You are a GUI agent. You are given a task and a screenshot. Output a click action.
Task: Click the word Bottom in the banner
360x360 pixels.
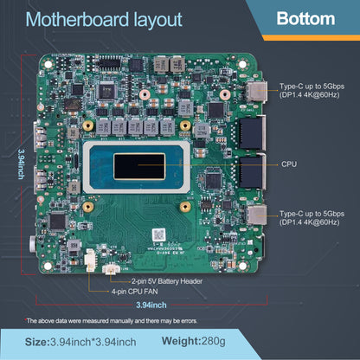coord(305,19)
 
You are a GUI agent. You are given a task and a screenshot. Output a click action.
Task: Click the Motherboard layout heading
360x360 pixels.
coord(104,20)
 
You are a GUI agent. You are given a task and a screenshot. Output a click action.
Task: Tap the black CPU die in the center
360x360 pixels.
coord(139,166)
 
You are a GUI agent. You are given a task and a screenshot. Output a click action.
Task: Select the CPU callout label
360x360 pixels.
coord(289,164)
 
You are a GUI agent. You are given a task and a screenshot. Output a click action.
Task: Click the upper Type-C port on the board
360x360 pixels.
coord(256,91)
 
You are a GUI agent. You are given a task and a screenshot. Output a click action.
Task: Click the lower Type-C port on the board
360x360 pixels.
coord(256,215)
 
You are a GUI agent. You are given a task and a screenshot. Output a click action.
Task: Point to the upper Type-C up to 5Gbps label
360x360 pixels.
coord(312,90)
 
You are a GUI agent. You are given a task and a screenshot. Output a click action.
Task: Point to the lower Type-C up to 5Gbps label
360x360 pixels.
coord(312,218)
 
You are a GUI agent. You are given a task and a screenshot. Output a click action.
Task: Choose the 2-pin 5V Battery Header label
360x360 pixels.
coord(167,281)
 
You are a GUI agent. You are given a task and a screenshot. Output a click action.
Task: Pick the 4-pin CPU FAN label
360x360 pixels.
coord(134,292)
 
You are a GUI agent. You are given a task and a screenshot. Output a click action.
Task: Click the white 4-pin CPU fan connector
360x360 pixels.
coord(90,260)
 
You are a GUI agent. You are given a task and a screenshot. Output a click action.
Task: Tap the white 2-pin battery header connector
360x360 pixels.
coord(111,269)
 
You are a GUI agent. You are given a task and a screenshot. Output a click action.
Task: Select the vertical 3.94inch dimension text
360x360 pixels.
coord(21,164)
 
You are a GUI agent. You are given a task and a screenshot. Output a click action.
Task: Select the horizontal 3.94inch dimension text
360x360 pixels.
coord(151,305)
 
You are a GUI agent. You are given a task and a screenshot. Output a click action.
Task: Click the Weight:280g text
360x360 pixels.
coord(194,341)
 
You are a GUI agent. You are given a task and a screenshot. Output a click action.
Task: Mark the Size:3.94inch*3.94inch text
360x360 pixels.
coord(80,342)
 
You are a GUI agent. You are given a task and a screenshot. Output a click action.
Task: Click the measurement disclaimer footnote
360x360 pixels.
coord(112,321)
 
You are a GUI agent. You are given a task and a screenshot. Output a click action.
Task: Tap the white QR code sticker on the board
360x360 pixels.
coord(158,235)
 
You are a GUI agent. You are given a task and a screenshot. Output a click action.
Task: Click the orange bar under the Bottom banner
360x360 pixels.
coord(311,37)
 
